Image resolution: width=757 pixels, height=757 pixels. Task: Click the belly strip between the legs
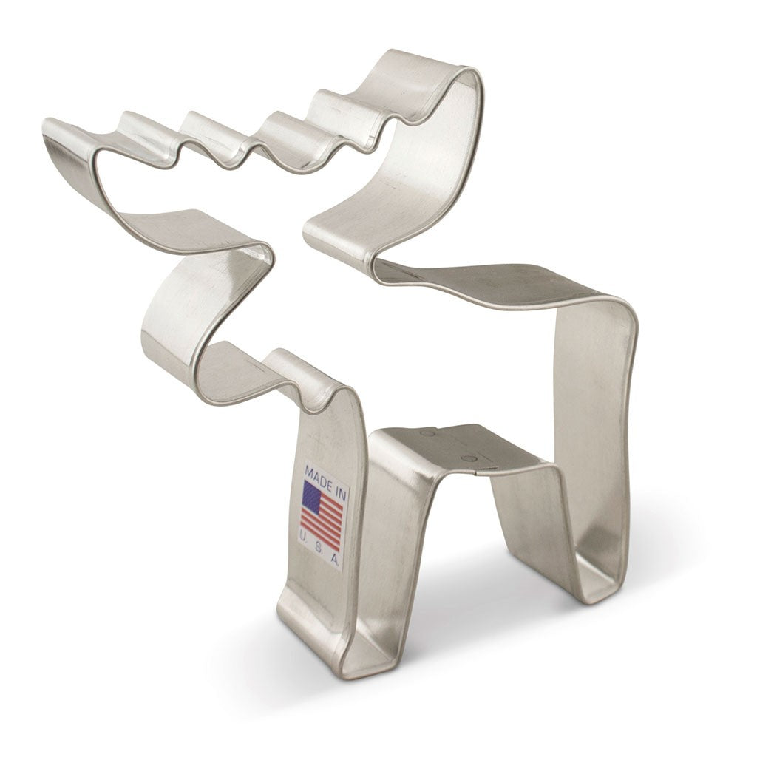pyautogui.click(x=458, y=447)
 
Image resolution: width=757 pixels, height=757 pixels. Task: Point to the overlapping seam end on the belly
pyautogui.click(x=481, y=462)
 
